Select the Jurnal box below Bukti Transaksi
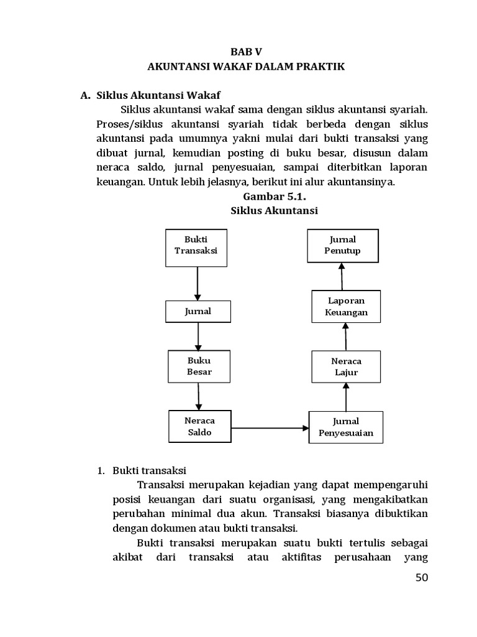(x=198, y=312)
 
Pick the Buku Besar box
(x=199, y=366)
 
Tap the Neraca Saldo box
(x=199, y=426)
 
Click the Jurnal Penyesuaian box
(x=346, y=427)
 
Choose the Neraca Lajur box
(x=346, y=366)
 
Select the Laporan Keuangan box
(x=346, y=306)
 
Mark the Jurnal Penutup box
(x=342, y=245)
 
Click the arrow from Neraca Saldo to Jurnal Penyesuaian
(x=270, y=428)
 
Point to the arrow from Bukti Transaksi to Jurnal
(x=197, y=284)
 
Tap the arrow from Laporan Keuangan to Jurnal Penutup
(x=342, y=276)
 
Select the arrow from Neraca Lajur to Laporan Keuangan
(x=345, y=337)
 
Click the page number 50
(x=422, y=578)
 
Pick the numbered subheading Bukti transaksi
(x=149, y=470)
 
